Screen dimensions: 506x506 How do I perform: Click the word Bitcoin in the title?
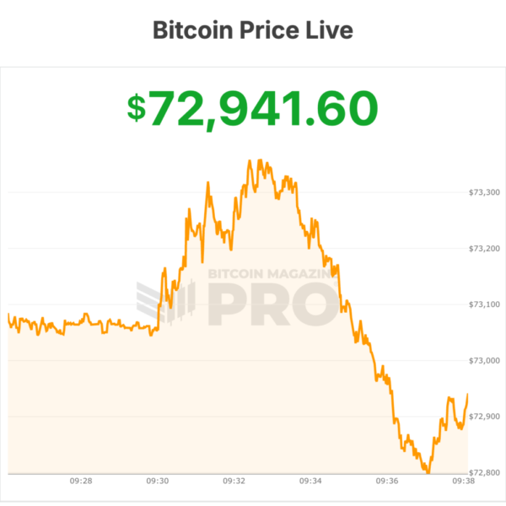pyautogui.click(x=190, y=30)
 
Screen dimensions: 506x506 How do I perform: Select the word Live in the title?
pyautogui.click(x=331, y=30)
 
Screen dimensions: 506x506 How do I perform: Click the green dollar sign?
pyautogui.click(x=137, y=108)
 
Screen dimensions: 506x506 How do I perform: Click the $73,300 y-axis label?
pyautogui.click(x=484, y=192)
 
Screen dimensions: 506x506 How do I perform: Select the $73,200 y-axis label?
pyautogui.click(x=484, y=248)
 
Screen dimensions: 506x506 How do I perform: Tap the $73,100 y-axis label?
pyautogui.click(x=484, y=304)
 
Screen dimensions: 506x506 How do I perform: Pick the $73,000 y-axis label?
pyautogui.click(x=484, y=360)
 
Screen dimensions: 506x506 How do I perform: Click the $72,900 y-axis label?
pyautogui.click(x=484, y=417)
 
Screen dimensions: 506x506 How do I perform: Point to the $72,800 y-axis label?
pyautogui.click(x=484, y=472)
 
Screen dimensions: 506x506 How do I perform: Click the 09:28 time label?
pyautogui.click(x=81, y=482)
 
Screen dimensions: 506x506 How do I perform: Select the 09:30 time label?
pyautogui.click(x=158, y=482)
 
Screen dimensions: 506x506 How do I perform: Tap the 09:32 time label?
pyautogui.click(x=234, y=482)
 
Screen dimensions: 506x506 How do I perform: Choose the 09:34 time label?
pyautogui.click(x=311, y=482)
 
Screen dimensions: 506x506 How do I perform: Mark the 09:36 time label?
pyautogui.click(x=388, y=482)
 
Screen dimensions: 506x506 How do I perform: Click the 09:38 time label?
pyautogui.click(x=463, y=482)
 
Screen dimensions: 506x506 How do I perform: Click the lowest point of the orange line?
pyautogui.click(x=428, y=472)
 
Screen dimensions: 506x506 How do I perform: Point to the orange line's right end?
pyautogui.click(x=468, y=394)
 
